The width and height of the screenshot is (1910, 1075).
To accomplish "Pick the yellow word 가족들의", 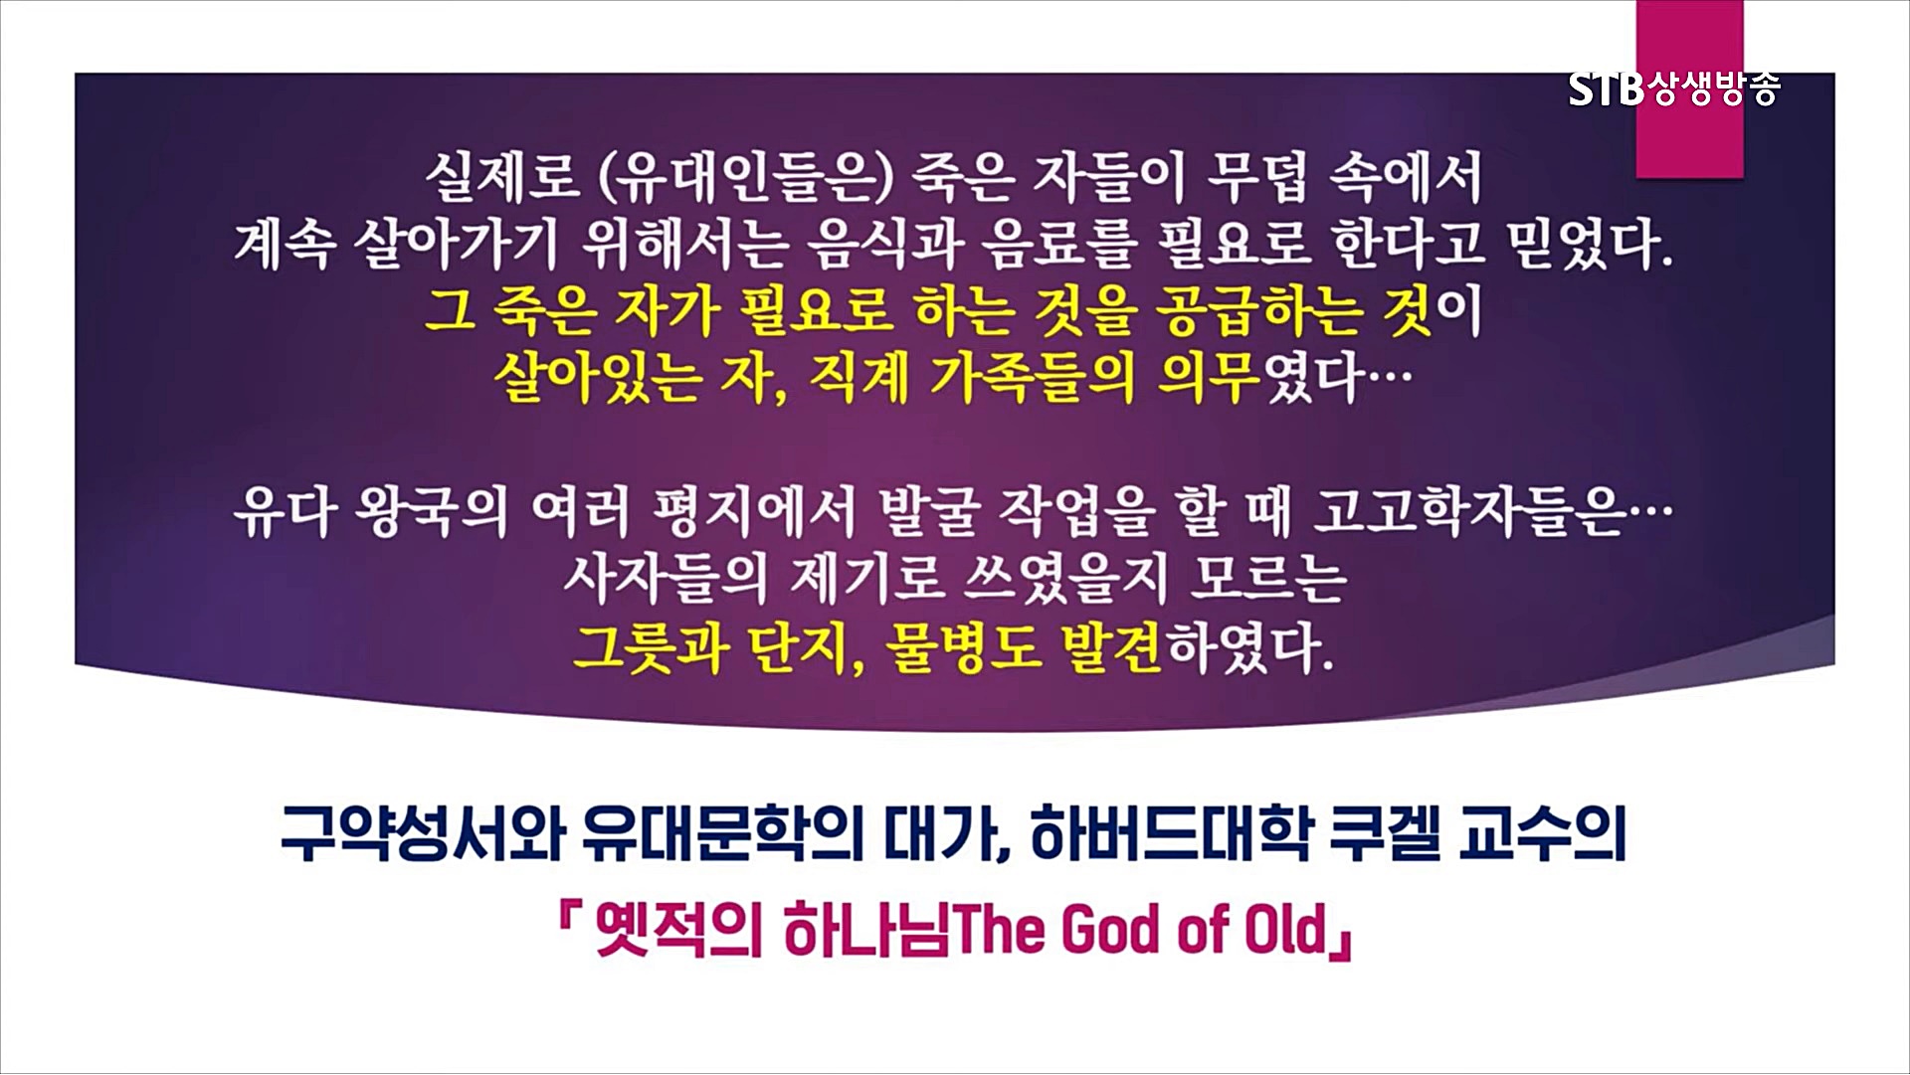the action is pos(1033,379).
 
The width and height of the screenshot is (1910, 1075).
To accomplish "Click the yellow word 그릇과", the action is pos(647,646).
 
